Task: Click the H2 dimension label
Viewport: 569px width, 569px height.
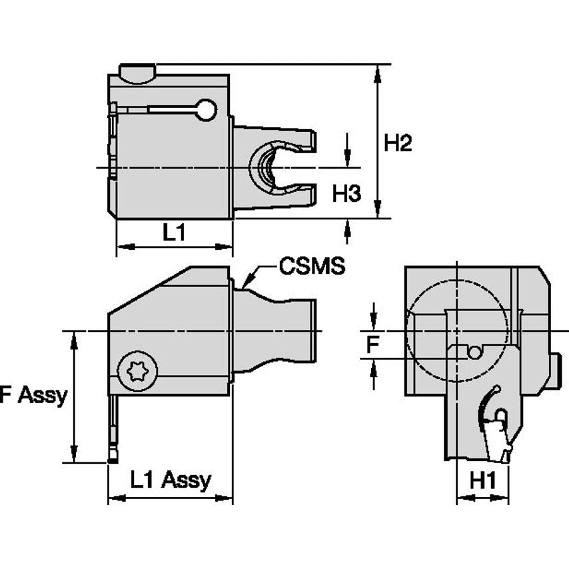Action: [398, 143]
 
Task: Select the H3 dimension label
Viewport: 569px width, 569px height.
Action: [346, 194]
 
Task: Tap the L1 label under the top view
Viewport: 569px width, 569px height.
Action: [174, 233]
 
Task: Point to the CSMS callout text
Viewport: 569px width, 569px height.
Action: [312, 267]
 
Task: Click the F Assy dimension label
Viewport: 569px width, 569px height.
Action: [33, 395]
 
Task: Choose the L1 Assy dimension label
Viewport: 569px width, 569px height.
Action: [171, 479]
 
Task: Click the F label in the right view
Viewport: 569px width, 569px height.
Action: [374, 344]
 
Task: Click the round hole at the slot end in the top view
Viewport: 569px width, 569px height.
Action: [207, 110]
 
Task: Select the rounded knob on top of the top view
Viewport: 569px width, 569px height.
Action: [137, 73]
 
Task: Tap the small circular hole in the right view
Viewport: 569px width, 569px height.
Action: [474, 352]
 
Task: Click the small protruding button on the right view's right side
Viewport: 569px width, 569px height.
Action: [555, 372]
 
